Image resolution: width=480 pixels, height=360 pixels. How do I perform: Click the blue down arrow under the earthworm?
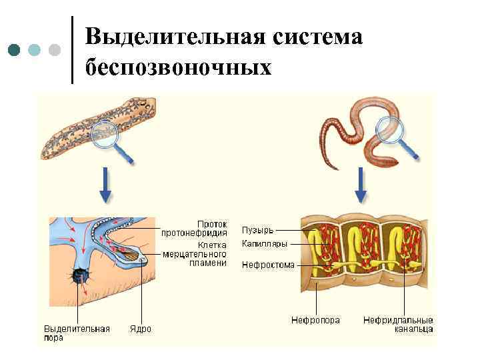pyautogui.click(x=361, y=185)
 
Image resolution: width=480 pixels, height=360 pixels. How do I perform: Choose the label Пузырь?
pyautogui.click(x=257, y=231)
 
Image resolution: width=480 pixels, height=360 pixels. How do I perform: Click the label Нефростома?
pyautogui.click(x=267, y=264)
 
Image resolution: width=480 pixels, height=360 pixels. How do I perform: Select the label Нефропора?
pyautogui.click(x=315, y=320)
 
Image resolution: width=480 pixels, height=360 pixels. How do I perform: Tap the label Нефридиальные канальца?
pyautogui.click(x=398, y=324)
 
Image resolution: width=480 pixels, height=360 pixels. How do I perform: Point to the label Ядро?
pyautogui.click(x=141, y=329)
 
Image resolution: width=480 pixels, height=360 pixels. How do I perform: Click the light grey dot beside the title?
pyautogui.click(x=55, y=49)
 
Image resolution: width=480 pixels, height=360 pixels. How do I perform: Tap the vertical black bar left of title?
pyautogui.click(x=71, y=49)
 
